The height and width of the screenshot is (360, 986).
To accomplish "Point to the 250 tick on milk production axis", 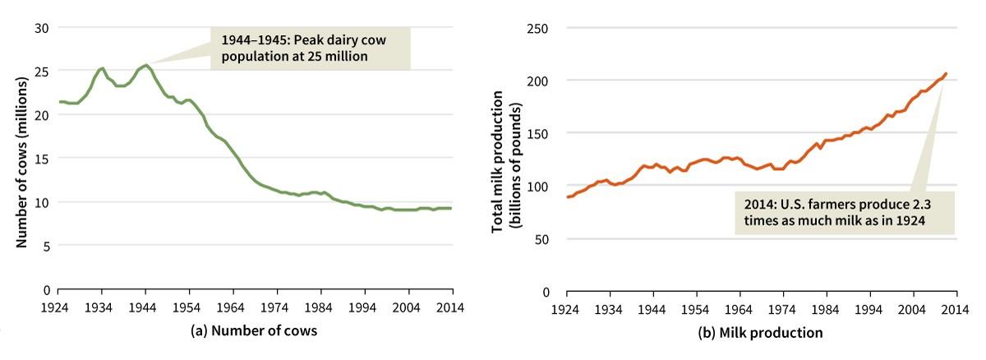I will coord(539,28).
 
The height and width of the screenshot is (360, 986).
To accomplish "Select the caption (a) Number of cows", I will coord(254,331).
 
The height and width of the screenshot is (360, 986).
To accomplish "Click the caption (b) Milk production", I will coord(759,332).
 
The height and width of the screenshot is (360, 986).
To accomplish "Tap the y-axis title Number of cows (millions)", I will coord(23,159).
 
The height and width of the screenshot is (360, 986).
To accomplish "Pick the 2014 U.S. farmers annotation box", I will coord(844,212).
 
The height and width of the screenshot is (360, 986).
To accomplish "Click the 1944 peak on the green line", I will coord(146,65).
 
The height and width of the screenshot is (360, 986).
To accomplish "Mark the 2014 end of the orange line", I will coord(946,74).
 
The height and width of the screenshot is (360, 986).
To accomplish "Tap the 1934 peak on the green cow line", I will coord(102,68).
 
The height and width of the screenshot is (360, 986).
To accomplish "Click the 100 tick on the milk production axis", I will coord(539,187).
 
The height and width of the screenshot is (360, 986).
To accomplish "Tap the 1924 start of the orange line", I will coord(566,197).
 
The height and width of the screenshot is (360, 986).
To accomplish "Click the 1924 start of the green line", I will coord(58,102).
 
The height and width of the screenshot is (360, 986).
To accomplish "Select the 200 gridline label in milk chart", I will coord(539,81).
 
